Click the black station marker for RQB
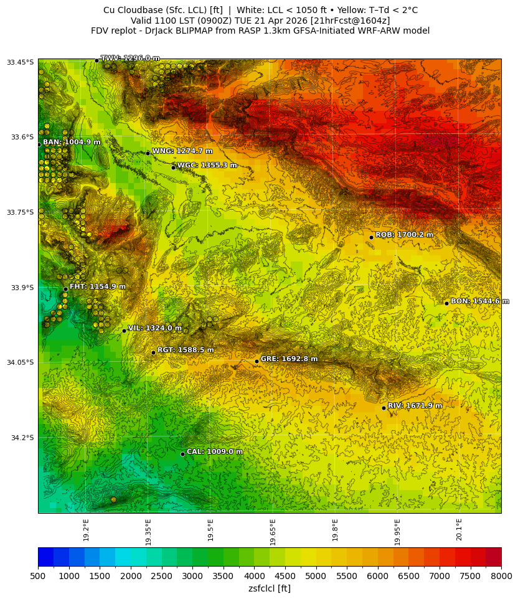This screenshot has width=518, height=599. [x=371, y=237]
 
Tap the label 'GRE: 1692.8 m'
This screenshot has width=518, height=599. [x=289, y=359]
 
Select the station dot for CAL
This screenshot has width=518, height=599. [x=182, y=454]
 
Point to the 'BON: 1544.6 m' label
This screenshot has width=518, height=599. [x=475, y=301]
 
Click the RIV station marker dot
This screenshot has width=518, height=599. [x=384, y=408]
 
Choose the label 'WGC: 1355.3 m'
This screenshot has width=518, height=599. [x=207, y=166]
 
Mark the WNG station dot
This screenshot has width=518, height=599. [x=148, y=153]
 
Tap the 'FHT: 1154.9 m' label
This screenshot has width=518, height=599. [x=97, y=287]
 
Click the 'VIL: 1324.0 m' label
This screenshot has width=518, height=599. [x=154, y=328]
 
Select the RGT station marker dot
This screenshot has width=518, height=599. [x=153, y=352]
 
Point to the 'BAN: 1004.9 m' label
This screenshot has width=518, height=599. [x=71, y=143]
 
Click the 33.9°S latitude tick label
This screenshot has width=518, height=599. [x=20, y=288]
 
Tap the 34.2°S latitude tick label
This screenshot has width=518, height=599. [x=20, y=438]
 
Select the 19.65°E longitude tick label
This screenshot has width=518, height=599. [x=273, y=532]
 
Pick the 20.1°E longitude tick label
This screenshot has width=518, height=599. [x=459, y=530]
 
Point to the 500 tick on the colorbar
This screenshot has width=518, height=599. [x=39, y=577]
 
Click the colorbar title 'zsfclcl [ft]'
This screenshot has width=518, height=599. [x=269, y=588]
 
